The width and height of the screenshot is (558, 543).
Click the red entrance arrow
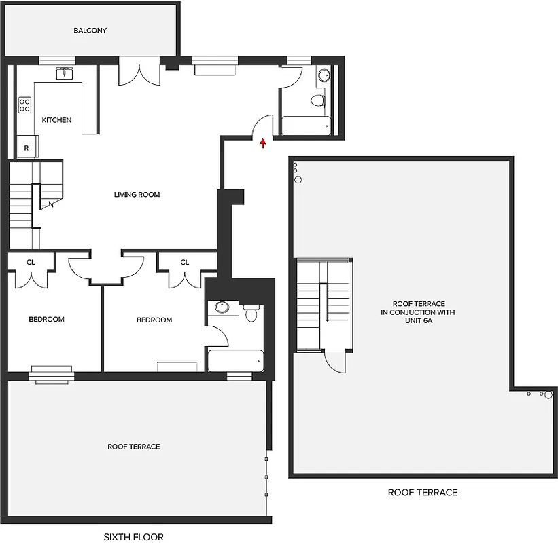(x=262, y=143)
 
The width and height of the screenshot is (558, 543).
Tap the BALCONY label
(x=90, y=31)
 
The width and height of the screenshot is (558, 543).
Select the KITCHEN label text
(x=56, y=120)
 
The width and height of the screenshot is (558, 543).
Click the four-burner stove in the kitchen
(x=24, y=105)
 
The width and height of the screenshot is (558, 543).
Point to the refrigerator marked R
(x=27, y=147)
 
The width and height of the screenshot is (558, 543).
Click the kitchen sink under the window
(x=65, y=73)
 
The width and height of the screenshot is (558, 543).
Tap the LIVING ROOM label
(x=137, y=195)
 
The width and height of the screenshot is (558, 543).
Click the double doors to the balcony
(x=139, y=73)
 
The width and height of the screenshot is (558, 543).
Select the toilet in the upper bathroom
(x=317, y=101)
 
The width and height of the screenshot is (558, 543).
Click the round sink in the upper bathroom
(x=324, y=75)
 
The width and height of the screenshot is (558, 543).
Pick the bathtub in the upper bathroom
(x=306, y=126)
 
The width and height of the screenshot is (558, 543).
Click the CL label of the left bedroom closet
(x=31, y=262)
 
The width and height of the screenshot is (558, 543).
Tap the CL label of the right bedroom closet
(x=184, y=262)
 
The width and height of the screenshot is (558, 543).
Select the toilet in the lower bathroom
(x=251, y=312)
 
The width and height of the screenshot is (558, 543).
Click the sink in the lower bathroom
(x=222, y=307)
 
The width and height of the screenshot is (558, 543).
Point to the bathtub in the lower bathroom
(x=235, y=360)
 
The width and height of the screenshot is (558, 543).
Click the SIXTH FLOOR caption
(x=133, y=537)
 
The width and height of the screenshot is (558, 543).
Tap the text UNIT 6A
(x=419, y=321)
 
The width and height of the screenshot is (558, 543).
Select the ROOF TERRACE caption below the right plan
(x=422, y=493)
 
